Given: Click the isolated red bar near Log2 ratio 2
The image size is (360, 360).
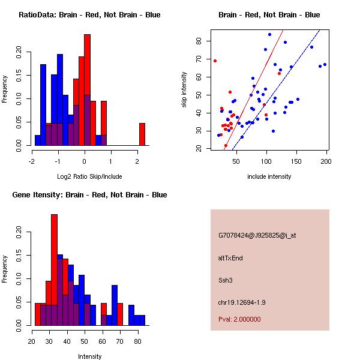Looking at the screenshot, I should pyautogui.click(x=142, y=134).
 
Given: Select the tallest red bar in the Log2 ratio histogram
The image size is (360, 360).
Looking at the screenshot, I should pyautogui.click(x=87, y=90).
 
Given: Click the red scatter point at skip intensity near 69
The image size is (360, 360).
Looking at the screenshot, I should pyautogui.click(x=215, y=61).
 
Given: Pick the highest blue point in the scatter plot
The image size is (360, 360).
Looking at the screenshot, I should pyautogui.click(x=270, y=34).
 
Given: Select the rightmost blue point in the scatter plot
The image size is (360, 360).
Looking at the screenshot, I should pyautogui.click(x=325, y=64).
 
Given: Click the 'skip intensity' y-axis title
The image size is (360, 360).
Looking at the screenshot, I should pyautogui.click(x=184, y=90).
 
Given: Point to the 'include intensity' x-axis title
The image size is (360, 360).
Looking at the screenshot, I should pyautogui.click(x=269, y=176).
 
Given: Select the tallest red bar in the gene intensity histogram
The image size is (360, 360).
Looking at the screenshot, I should pyautogui.click(x=55, y=269).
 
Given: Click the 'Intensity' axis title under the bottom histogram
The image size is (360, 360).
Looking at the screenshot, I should pyautogui.click(x=89, y=356).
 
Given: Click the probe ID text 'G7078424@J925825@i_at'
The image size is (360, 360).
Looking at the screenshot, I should pyautogui.click(x=257, y=235).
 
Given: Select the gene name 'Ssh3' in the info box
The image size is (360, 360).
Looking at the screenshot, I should pyautogui.click(x=225, y=280).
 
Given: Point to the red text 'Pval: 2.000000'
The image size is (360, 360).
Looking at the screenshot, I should pyautogui.click(x=239, y=319).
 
